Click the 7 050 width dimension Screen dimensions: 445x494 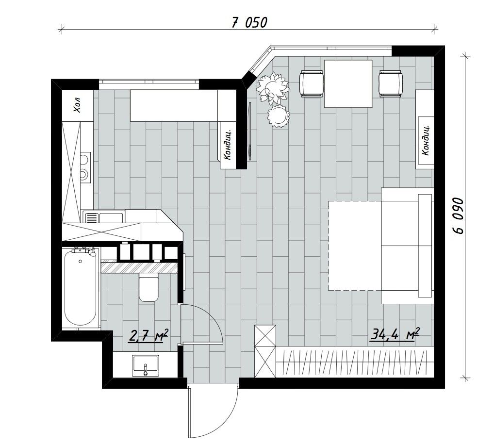[249, 22]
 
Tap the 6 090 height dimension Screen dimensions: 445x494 [458, 215]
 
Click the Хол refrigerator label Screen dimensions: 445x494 [77, 104]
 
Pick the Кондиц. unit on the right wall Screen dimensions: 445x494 [425, 141]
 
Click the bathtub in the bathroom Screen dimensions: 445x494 [81, 288]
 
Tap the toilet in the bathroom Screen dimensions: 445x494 [148, 288]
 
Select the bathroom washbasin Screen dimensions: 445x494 [145, 365]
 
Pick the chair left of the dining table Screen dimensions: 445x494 [312, 84]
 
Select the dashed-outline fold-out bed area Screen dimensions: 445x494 [354, 246]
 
